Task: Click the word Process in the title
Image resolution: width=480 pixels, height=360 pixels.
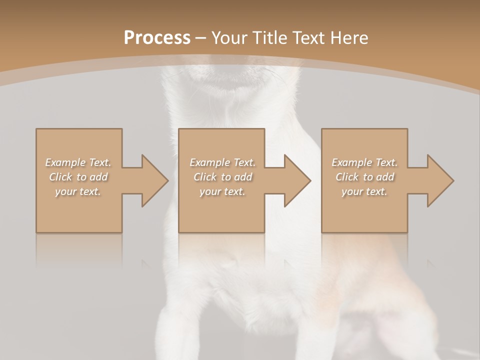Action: pyautogui.click(x=157, y=38)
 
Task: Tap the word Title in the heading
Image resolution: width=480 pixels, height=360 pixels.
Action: pyautogui.click(x=270, y=38)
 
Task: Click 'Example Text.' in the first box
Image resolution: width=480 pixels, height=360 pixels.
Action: pyautogui.click(x=78, y=162)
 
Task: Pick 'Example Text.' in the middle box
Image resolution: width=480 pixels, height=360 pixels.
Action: pyautogui.click(x=222, y=162)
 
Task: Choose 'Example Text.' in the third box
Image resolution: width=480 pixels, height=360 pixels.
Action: pyautogui.click(x=364, y=162)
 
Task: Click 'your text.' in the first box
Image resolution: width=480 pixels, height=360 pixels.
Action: pyautogui.click(x=78, y=191)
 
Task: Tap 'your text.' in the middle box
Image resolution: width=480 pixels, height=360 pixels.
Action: pyautogui.click(x=222, y=191)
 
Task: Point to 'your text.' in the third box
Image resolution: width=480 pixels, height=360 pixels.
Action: pyautogui.click(x=364, y=191)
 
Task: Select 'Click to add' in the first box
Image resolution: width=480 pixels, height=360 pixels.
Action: pyautogui.click(x=78, y=177)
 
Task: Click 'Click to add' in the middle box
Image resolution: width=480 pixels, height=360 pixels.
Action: pyautogui.click(x=222, y=177)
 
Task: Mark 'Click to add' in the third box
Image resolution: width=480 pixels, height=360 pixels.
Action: pyautogui.click(x=364, y=177)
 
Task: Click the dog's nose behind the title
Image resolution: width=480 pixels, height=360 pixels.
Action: pyautogui.click(x=230, y=64)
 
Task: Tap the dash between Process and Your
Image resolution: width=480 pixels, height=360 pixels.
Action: pyautogui.click(x=201, y=38)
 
